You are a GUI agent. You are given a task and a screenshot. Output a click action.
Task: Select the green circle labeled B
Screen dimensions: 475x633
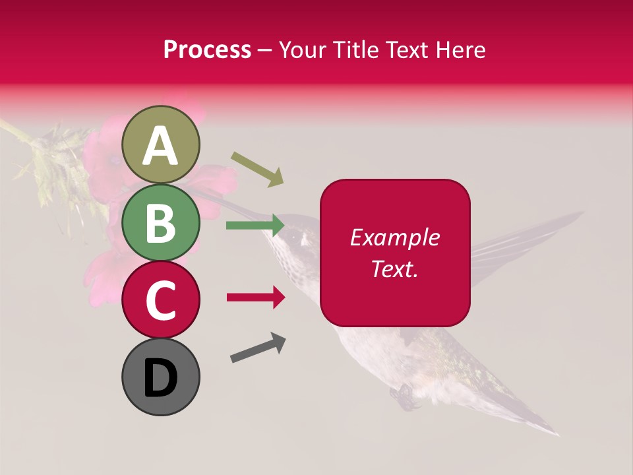click(x=161, y=222)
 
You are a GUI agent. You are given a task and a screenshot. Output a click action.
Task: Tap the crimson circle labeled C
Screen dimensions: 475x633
click(x=161, y=300)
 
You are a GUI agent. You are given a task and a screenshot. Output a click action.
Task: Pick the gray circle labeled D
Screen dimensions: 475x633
click(x=161, y=377)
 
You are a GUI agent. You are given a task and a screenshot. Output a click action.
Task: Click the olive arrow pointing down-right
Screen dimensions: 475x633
click(x=257, y=169)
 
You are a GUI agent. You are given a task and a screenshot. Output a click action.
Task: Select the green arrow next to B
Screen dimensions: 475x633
click(x=255, y=226)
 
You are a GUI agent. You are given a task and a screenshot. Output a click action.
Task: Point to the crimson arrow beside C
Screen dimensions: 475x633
click(x=256, y=298)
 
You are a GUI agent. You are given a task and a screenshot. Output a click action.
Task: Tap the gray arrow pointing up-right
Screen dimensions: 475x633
click(x=258, y=348)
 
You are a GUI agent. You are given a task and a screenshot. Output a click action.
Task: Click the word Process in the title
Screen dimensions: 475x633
click(x=207, y=49)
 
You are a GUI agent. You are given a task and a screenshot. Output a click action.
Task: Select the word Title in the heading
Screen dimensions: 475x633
click(x=357, y=49)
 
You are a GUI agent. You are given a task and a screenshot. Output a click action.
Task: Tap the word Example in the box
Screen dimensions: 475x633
click(x=394, y=237)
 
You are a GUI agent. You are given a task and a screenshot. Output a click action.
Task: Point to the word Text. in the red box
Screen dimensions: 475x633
click(x=394, y=269)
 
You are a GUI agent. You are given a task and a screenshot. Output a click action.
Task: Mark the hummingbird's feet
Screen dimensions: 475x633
click(x=404, y=396)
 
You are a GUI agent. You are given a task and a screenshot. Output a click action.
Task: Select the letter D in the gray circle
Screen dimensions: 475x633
click(x=161, y=379)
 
